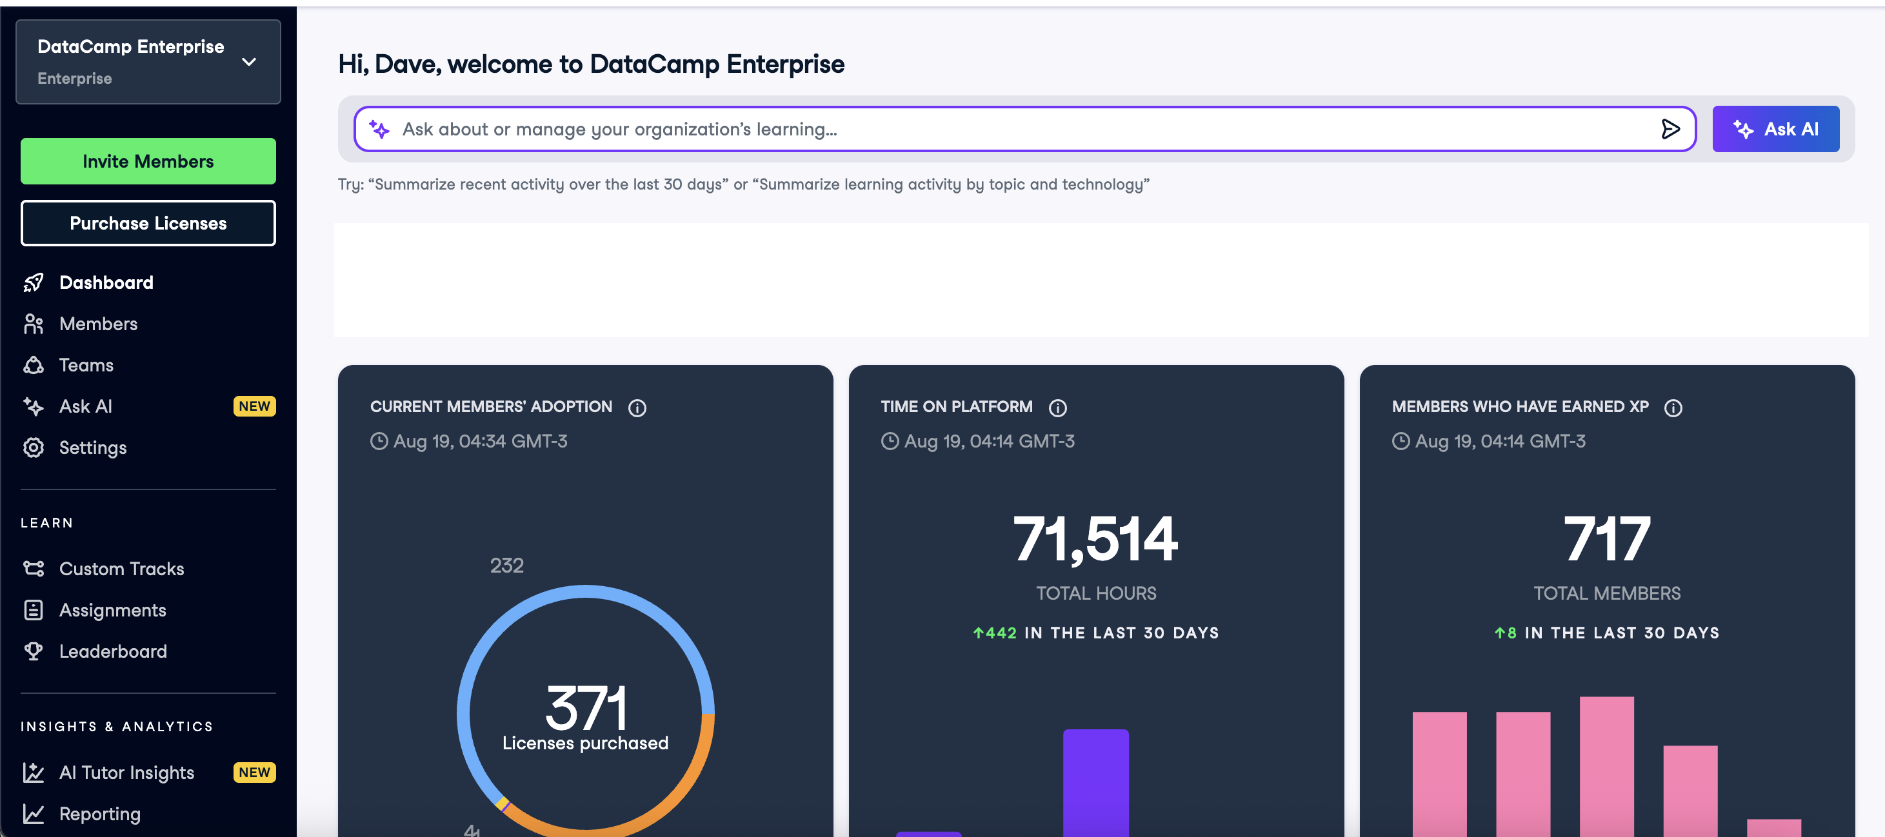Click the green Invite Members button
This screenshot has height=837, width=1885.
[x=148, y=161]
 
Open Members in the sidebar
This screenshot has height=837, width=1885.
[x=98, y=324]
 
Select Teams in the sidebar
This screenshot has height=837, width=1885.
[x=86, y=365]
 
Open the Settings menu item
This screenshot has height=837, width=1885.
[x=92, y=448]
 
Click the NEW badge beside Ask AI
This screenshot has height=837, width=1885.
[x=254, y=406]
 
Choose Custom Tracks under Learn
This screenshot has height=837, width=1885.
[x=121, y=569]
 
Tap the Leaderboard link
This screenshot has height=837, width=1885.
[x=113, y=651]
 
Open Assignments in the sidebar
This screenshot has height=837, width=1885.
[x=112, y=610]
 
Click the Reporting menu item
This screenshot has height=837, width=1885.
[x=99, y=814]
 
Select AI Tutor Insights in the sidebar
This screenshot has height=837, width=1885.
[x=126, y=773]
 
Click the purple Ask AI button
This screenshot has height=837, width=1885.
[x=1775, y=129]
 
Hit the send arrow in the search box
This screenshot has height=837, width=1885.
[x=1670, y=129]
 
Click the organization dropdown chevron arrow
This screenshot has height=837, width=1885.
[x=249, y=62]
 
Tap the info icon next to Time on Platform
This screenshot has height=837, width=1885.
[x=1057, y=408]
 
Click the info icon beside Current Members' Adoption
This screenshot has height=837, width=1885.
[x=637, y=408]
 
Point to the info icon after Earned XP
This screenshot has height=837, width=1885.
[x=1673, y=408]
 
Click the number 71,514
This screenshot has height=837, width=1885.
[x=1095, y=539]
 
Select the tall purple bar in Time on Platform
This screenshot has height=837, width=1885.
[x=1095, y=783]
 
